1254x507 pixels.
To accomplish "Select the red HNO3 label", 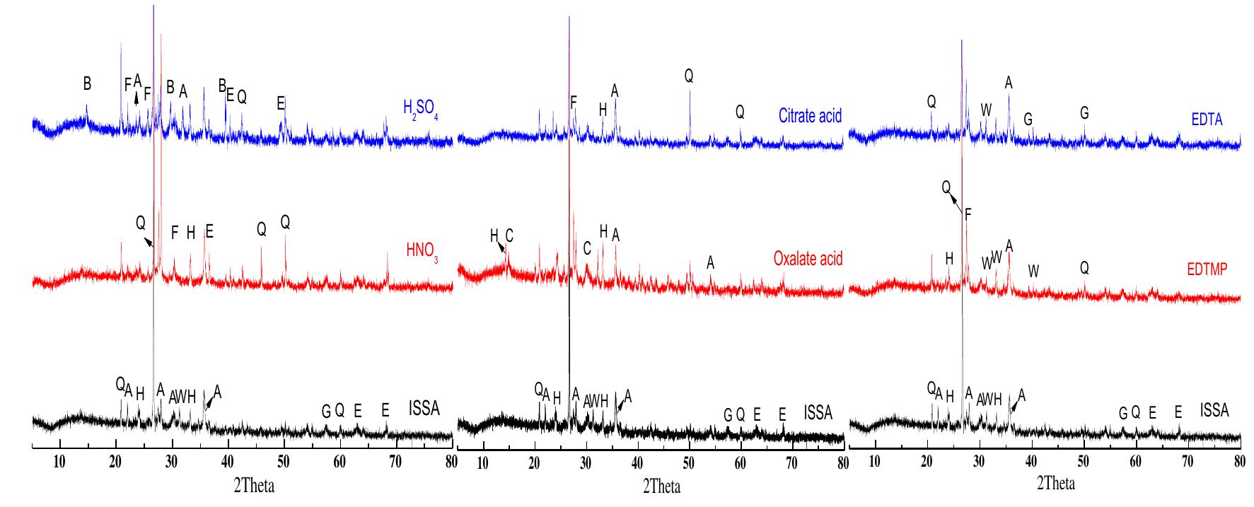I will coord(422,250).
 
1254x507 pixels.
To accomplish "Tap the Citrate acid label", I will coord(810,115).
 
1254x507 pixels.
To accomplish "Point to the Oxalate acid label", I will coord(808,259).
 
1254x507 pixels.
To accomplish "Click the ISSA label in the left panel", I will coord(424,409).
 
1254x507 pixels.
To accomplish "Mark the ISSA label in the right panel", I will coord(1214,410).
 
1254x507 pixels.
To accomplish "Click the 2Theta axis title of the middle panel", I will coord(661,486).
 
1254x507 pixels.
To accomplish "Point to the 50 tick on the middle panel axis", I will coord(688,464).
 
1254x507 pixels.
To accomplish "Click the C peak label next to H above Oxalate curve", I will coord(509,235).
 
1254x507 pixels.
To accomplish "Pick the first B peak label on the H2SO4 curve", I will coord(87,83).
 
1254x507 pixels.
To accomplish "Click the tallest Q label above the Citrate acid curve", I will coord(689,76).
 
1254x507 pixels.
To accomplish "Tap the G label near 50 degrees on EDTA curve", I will coord(1084,112).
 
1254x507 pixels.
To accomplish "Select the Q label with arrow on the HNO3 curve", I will coord(140,223).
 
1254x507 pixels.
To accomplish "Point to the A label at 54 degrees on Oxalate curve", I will coord(711,263).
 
